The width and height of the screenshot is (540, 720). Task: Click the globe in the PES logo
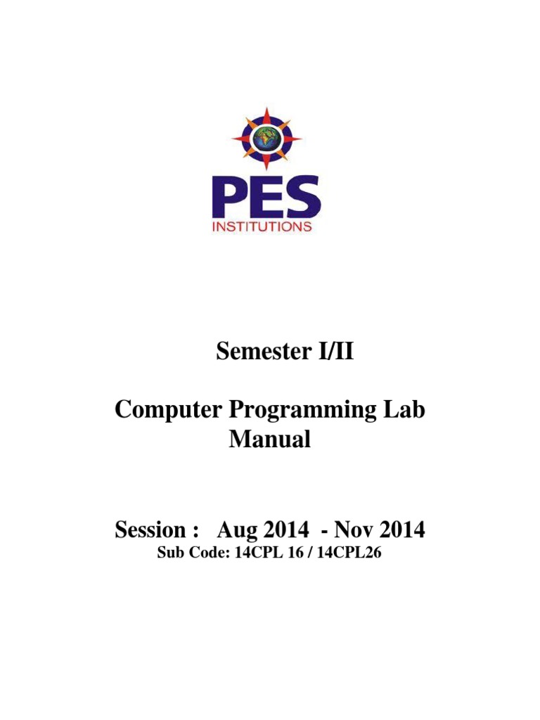tap(266, 139)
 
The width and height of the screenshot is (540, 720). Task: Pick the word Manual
tap(270, 441)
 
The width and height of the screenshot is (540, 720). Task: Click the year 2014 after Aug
tap(282, 529)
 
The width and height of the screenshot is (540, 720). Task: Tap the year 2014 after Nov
tap(406, 529)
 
